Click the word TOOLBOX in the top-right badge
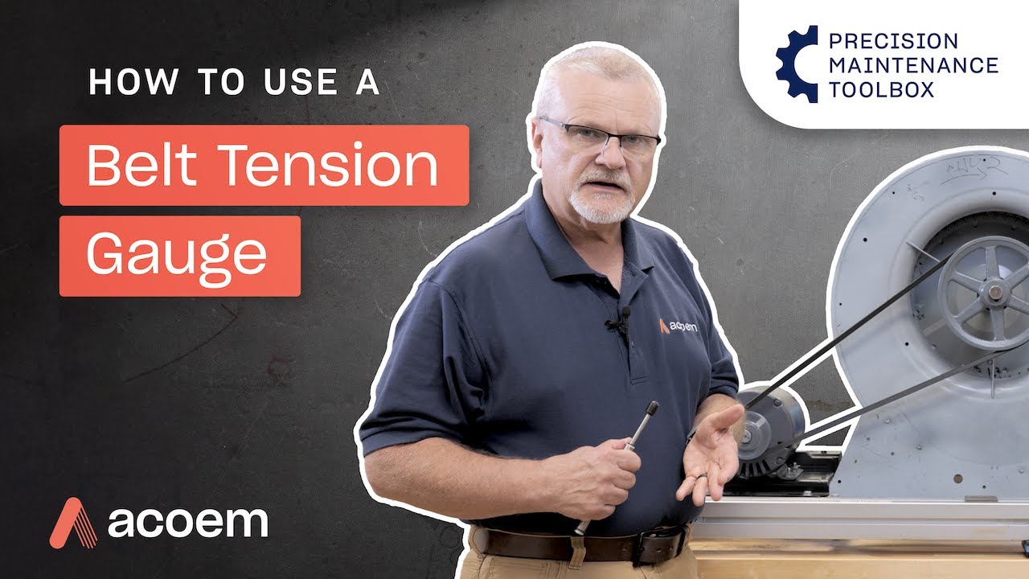881,88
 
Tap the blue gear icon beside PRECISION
796,64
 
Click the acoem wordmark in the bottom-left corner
187,522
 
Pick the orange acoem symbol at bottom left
74,523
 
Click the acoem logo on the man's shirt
678,326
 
